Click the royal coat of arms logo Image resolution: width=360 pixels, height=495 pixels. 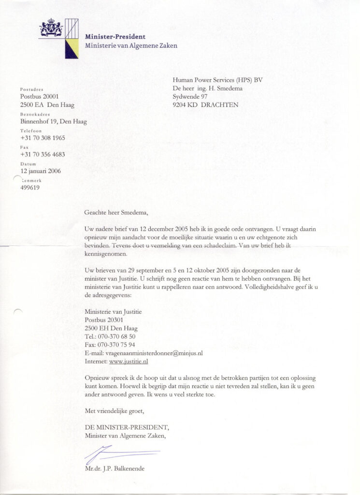click(51, 28)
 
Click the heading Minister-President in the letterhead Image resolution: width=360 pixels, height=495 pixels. click(115, 37)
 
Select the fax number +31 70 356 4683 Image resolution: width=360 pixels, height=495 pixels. click(43, 155)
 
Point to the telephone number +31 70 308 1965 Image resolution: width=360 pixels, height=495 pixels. click(43, 138)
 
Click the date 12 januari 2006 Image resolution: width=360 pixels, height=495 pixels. click(41, 171)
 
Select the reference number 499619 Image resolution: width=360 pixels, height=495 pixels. click(30, 188)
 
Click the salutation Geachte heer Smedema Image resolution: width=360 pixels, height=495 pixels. click(116, 212)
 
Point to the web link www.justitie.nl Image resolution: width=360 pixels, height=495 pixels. click(129, 361)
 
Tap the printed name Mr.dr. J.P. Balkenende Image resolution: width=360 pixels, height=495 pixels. click(115, 468)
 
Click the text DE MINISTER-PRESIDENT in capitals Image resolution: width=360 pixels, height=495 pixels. click(127, 427)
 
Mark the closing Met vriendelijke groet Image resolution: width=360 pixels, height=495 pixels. click(115, 411)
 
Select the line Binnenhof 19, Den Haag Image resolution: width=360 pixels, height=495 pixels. click(53, 122)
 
